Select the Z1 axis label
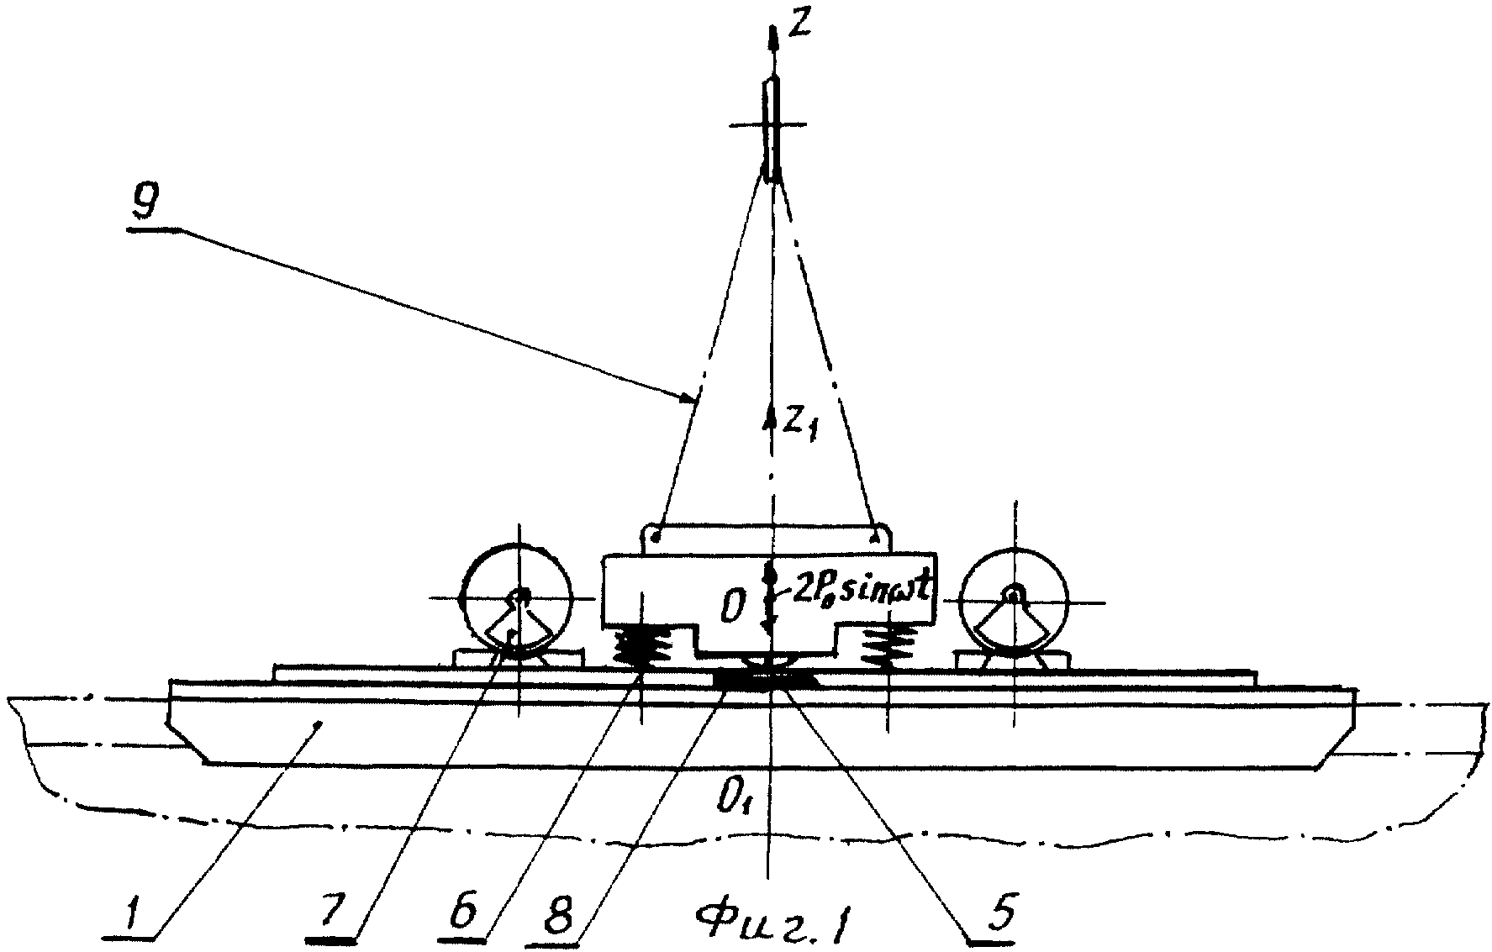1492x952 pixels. click(x=800, y=425)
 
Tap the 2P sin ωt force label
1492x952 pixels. click(x=858, y=592)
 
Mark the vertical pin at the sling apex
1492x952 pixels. click(x=772, y=131)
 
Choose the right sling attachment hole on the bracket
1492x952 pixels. click(x=878, y=534)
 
